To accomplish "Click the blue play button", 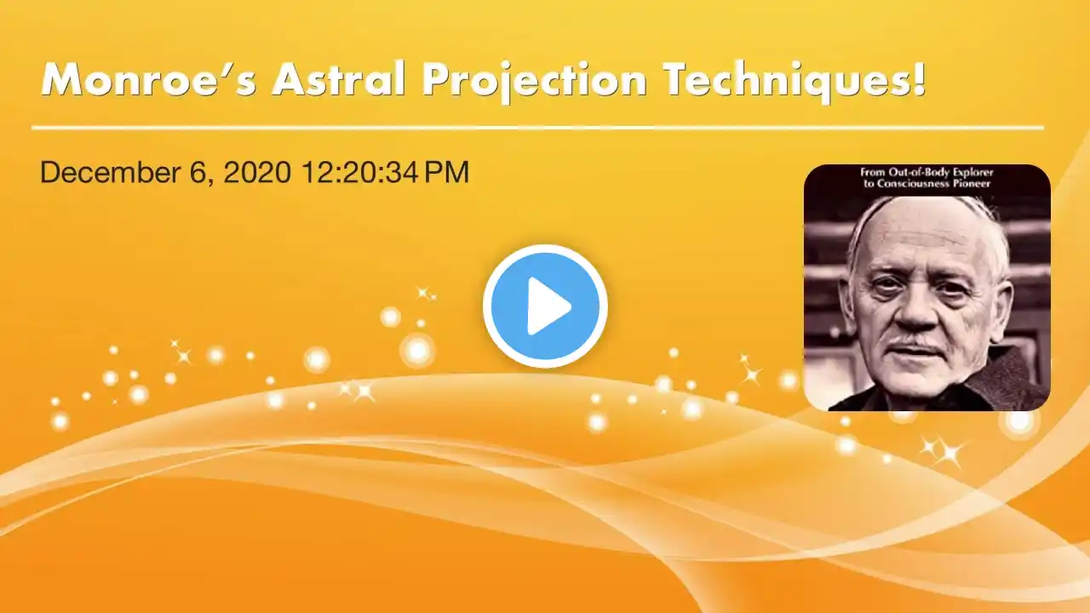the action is [545, 306].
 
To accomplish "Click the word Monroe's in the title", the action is [149, 79].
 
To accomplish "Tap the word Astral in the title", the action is [338, 79].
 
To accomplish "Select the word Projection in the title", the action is [534, 83].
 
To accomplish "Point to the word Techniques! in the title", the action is [795, 83].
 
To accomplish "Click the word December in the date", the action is [110, 172].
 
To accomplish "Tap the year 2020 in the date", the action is [257, 172].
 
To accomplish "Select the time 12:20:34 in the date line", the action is [360, 172].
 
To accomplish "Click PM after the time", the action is [447, 172].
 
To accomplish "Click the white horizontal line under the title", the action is [537, 128].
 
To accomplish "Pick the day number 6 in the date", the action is [196, 172].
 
